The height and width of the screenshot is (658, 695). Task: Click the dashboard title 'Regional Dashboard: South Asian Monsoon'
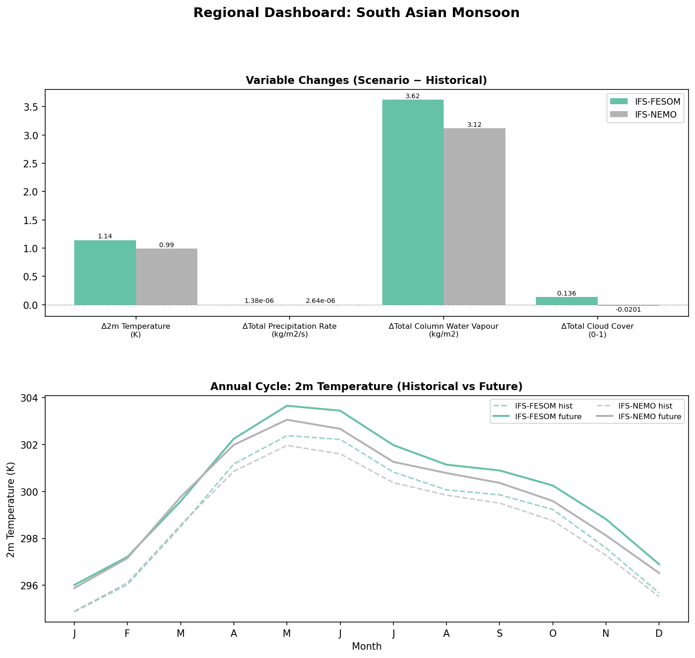356,13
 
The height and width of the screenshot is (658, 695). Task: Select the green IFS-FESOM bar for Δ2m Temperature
105,273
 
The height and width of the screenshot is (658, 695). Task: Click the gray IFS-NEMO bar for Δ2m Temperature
166,277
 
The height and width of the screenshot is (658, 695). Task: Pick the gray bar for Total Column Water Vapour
474,216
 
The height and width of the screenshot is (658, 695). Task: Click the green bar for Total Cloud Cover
566,301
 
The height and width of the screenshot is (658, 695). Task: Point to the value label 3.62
412,96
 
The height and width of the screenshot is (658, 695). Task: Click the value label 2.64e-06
320,301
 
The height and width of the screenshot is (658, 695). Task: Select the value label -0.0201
628,309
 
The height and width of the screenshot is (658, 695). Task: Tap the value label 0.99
166,245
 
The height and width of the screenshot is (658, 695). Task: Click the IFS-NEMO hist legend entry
645,406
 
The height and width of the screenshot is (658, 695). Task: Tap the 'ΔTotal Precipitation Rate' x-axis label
290,326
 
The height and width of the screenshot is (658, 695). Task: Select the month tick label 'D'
659,634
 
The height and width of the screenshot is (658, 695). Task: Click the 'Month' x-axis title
367,646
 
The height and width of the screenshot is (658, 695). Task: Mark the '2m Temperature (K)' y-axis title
11,509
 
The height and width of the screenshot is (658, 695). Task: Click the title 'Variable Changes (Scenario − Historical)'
366,80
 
